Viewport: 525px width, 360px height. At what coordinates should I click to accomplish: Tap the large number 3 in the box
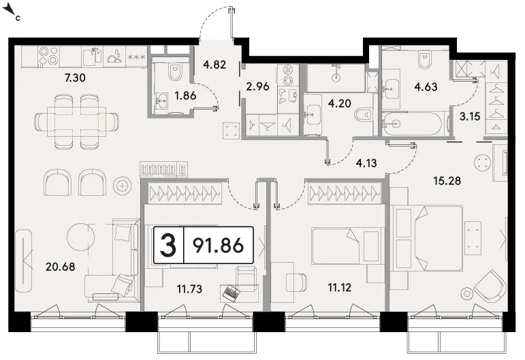(x=168, y=246)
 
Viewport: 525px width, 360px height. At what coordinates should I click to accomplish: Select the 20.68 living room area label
(x=61, y=267)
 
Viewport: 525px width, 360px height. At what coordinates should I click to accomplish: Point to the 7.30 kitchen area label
(x=75, y=78)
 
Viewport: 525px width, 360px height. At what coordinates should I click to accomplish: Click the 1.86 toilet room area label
(x=185, y=96)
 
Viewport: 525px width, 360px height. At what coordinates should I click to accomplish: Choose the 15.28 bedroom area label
(x=447, y=181)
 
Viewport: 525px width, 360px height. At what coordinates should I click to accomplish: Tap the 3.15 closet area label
(x=470, y=117)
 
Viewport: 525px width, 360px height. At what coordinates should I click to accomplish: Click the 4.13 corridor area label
(x=366, y=163)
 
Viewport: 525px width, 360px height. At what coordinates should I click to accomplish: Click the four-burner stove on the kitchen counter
(x=49, y=56)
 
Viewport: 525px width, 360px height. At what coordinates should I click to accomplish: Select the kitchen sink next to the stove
(x=92, y=56)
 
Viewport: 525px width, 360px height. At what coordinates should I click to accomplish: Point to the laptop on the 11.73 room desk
(x=231, y=292)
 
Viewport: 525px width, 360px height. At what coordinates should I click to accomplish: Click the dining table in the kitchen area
(x=76, y=121)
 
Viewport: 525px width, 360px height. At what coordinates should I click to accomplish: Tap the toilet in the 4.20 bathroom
(x=364, y=116)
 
